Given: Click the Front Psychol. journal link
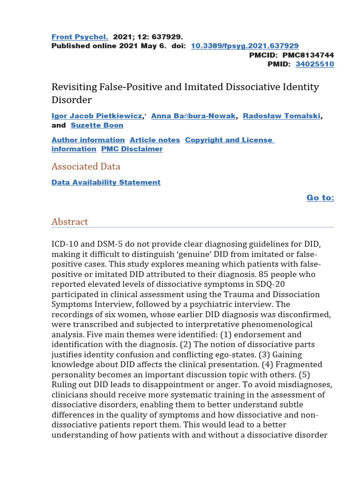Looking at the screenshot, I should [80, 37].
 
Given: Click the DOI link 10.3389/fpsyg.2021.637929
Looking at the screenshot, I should [245, 45].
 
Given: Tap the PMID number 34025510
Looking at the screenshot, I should [315, 64].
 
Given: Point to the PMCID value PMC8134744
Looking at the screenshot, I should [308, 55].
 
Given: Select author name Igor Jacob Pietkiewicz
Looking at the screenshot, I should [97, 116].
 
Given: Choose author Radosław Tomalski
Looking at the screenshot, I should [282, 116].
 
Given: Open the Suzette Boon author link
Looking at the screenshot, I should [97, 125].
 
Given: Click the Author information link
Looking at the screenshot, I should [88, 140].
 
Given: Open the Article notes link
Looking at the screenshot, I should [155, 140].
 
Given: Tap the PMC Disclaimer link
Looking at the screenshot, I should [132, 149].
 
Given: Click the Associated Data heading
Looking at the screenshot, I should [86, 166].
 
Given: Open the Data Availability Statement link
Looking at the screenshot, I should [106, 182].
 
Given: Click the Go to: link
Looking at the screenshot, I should [320, 198].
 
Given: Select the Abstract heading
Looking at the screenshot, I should [70, 222].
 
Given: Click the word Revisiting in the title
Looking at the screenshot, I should [74, 87].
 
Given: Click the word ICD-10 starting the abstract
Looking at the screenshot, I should [65, 244].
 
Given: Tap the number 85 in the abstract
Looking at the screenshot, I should [258, 274].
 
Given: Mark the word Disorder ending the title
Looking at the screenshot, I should [72, 100].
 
